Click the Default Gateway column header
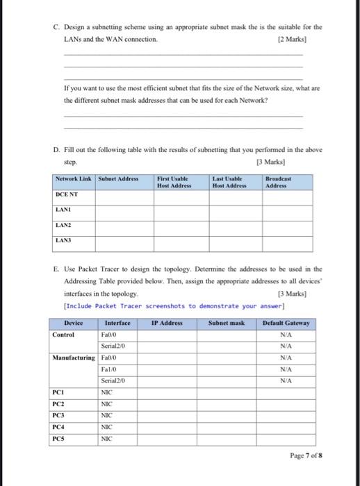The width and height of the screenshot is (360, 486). pyautogui.click(x=286, y=323)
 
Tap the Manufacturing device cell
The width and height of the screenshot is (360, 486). pyautogui.click(x=74, y=358)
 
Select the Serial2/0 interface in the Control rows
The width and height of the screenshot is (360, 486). pyautogui.click(x=111, y=346)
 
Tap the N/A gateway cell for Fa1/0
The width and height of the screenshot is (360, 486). pyautogui.click(x=286, y=369)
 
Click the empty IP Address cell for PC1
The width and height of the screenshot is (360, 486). pyautogui.click(x=163, y=392)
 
